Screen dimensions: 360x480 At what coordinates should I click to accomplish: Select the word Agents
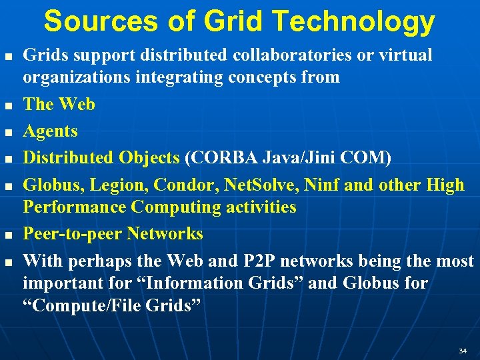(50, 131)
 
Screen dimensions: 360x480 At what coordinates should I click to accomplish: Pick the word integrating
(180, 77)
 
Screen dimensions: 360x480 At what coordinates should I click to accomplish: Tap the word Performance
(75, 207)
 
